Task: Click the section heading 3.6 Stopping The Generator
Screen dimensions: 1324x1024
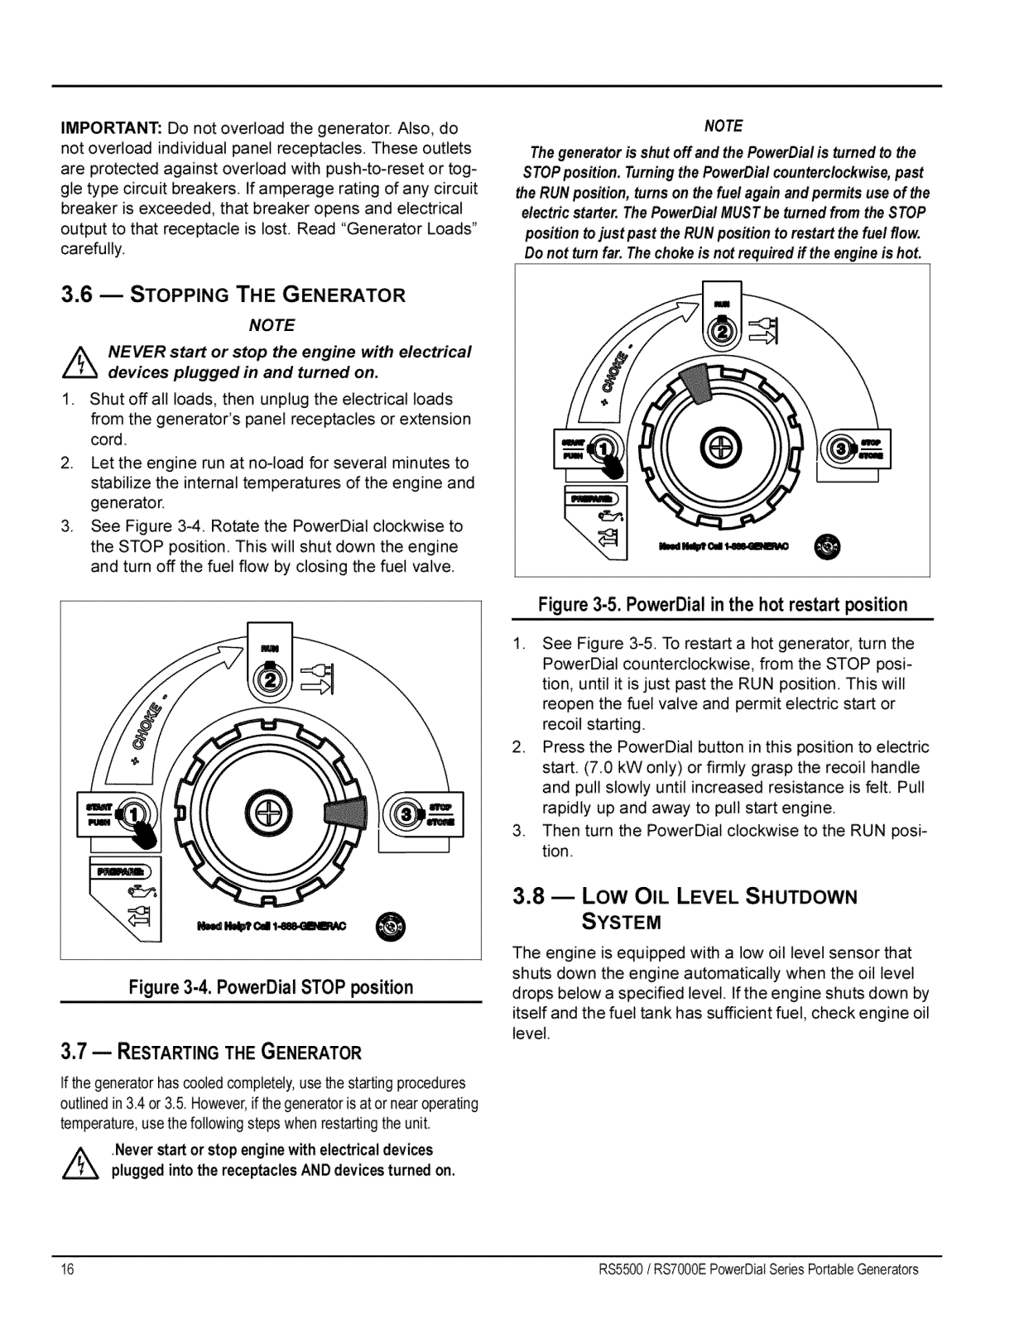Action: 233,295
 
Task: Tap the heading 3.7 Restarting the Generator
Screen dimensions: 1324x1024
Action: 211,1053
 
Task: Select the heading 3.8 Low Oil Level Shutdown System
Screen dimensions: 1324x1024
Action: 685,908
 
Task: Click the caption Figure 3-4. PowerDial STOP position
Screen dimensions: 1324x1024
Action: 271,987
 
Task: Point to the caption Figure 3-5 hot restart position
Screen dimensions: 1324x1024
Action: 723,605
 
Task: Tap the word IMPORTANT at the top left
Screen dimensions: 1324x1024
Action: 111,129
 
